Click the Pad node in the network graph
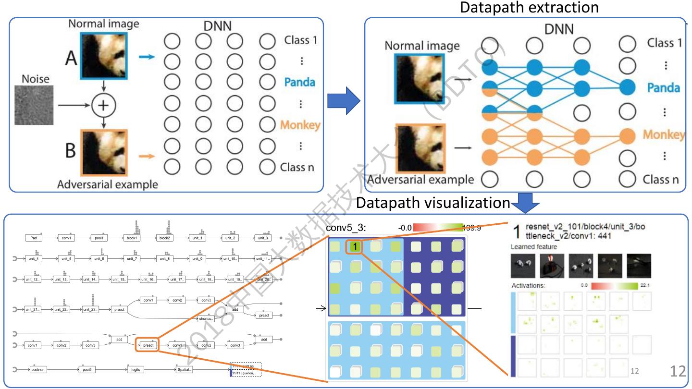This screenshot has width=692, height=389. tap(34, 238)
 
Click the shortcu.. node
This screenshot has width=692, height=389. tap(206, 319)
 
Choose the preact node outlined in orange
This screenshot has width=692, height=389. tap(148, 345)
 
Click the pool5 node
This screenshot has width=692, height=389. tap(86, 370)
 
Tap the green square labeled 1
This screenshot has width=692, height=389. tap(354, 247)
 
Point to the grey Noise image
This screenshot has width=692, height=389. tap(36, 105)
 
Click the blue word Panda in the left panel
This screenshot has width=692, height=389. tap(299, 82)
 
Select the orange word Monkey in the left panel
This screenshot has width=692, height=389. tap(300, 125)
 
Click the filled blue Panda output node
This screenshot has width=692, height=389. tap(628, 88)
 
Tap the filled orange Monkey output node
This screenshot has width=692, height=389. tap(628, 135)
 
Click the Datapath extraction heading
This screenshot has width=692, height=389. tap(529, 8)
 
